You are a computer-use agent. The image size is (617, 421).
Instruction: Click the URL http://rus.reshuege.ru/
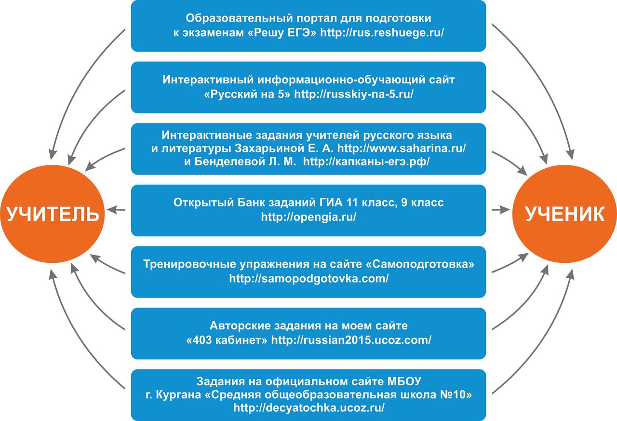[382, 33]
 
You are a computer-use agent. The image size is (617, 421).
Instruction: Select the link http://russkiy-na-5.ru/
[354, 94]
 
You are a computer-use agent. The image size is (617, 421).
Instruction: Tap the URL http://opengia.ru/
[308, 217]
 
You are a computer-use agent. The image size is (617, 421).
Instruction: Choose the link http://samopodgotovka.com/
[308, 279]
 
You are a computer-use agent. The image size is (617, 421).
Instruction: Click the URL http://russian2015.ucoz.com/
[351, 340]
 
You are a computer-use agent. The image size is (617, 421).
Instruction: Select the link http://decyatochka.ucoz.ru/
[308, 407]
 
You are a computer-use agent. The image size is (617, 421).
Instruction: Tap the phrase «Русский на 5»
[247, 94]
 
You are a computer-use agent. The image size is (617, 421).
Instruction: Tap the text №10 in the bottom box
[460, 394]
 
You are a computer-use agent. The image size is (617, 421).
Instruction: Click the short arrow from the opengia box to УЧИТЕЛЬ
[117, 210]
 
